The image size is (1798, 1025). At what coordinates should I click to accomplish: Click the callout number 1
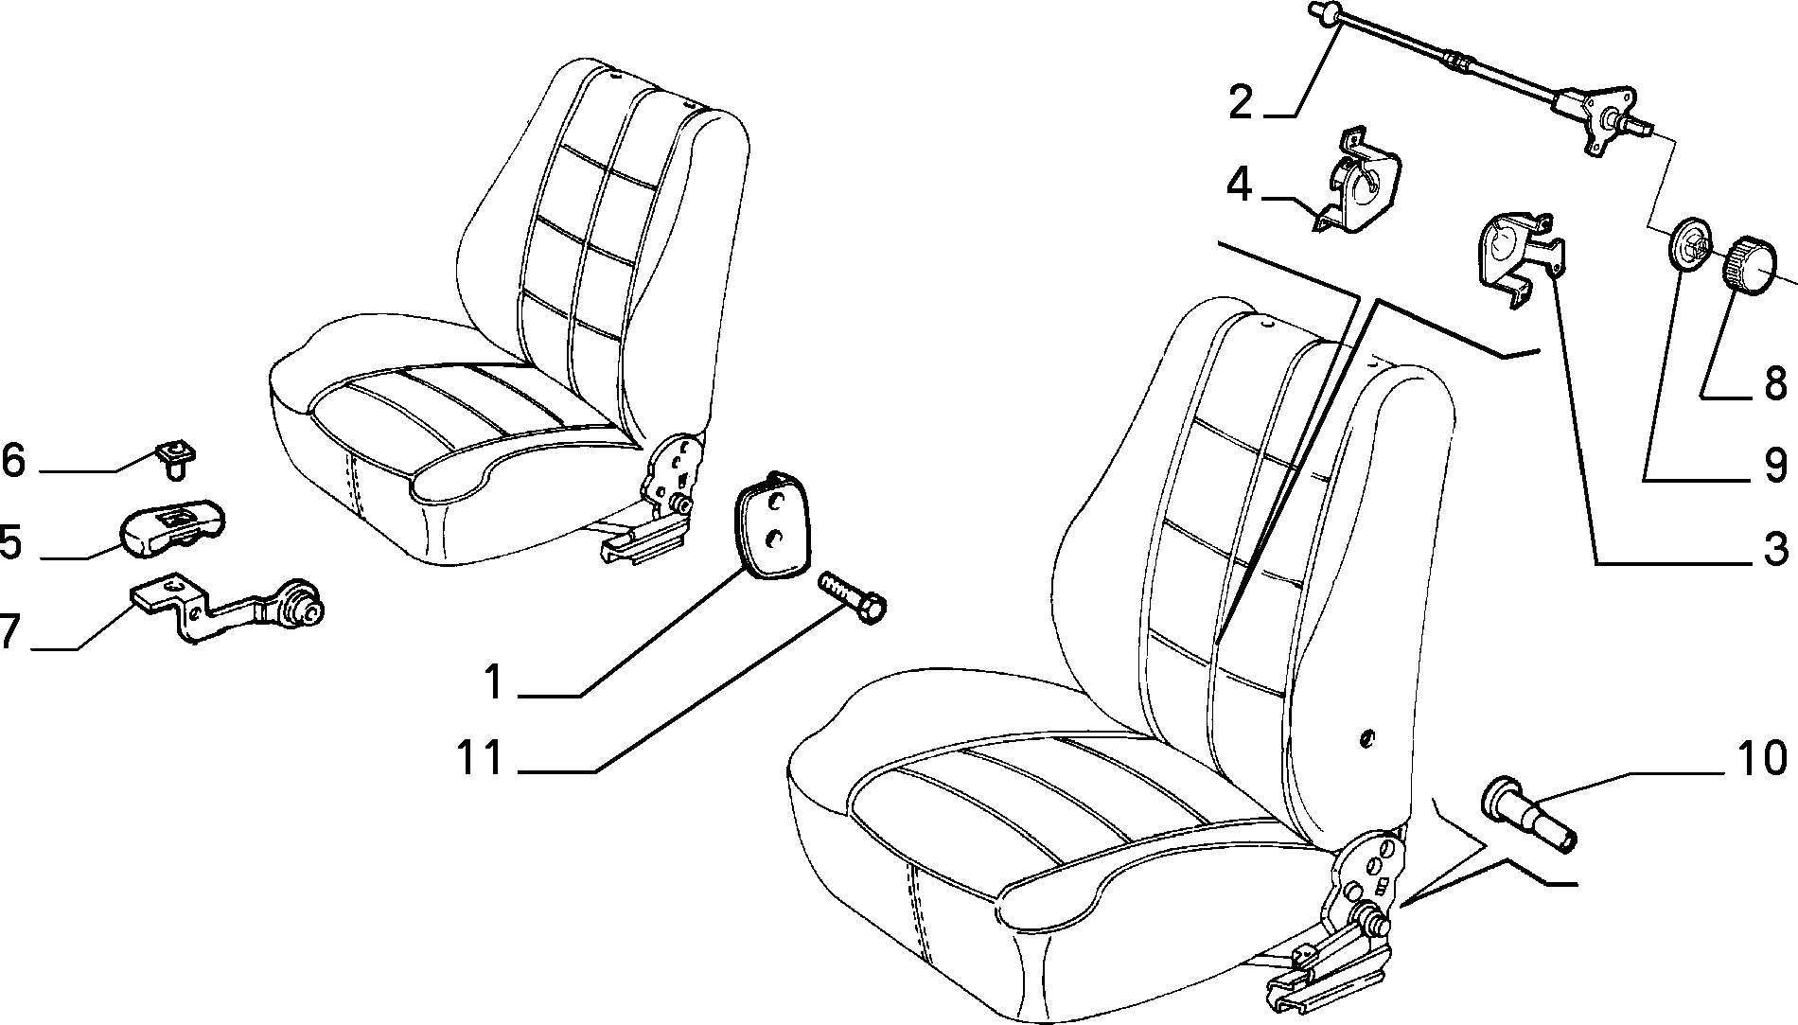[x=495, y=682]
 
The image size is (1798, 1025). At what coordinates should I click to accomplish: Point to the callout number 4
[x=1240, y=185]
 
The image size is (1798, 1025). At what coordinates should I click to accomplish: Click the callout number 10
[x=1762, y=758]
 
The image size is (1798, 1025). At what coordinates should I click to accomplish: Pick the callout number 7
[x=9, y=631]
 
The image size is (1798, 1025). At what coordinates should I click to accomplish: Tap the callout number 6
[x=12, y=461]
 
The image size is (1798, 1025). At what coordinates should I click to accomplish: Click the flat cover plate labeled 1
[x=773, y=523]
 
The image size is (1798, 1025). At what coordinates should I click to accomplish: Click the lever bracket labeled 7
[x=227, y=607]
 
